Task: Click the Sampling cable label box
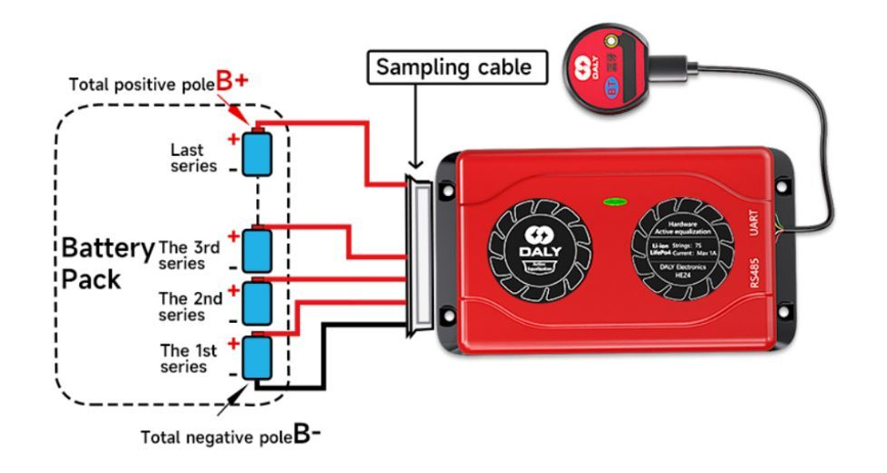point(453,67)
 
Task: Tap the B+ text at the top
point(232,82)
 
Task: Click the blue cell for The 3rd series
point(257,250)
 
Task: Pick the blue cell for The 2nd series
point(257,302)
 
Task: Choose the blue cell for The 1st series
point(257,357)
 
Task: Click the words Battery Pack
point(106,264)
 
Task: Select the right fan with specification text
point(680,244)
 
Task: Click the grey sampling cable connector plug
point(417,256)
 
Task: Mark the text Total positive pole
point(141,85)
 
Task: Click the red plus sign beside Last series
point(233,138)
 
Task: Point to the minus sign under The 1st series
point(232,374)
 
